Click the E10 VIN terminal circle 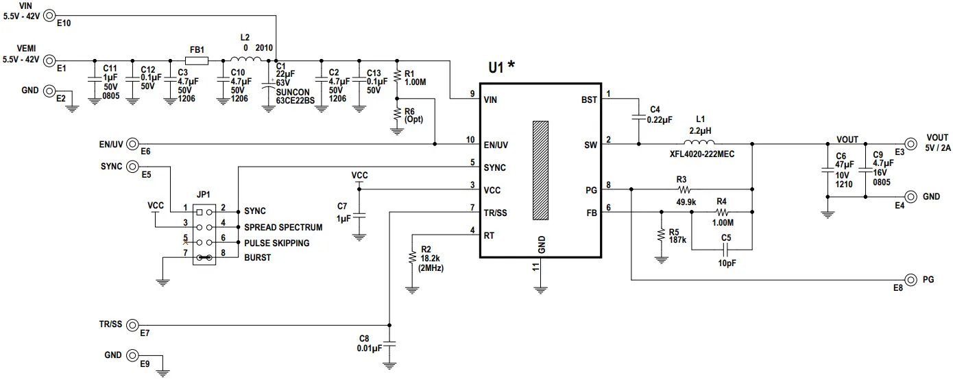[x=50, y=13]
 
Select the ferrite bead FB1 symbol [x=197, y=61]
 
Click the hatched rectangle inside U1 [x=541, y=170]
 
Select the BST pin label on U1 [x=588, y=99]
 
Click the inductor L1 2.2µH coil [x=699, y=143]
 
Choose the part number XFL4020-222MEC [x=702, y=154]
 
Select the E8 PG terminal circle [x=910, y=280]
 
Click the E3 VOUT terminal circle [x=910, y=143]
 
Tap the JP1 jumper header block [x=204, y=235]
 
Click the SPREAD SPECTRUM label [x=284, y=227]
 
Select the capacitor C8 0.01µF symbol [x=389, y=342]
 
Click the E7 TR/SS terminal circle [x=132, y=324]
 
